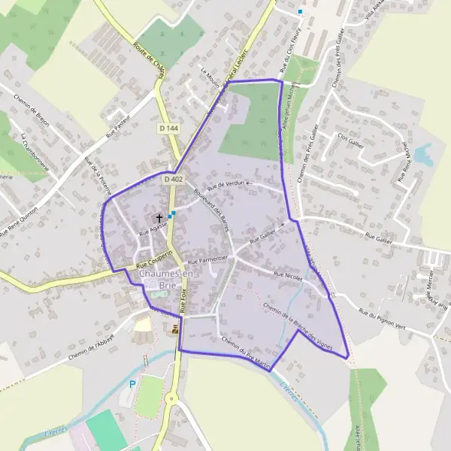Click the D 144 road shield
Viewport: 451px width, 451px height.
point(169,129)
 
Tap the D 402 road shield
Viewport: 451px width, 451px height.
point(173,180)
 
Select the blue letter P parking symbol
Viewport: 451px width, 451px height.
point(132,384)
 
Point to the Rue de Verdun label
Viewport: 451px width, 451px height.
point(226,185)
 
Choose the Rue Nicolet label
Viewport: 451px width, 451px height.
point(288,277)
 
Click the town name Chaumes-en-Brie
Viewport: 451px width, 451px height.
point(166,280)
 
